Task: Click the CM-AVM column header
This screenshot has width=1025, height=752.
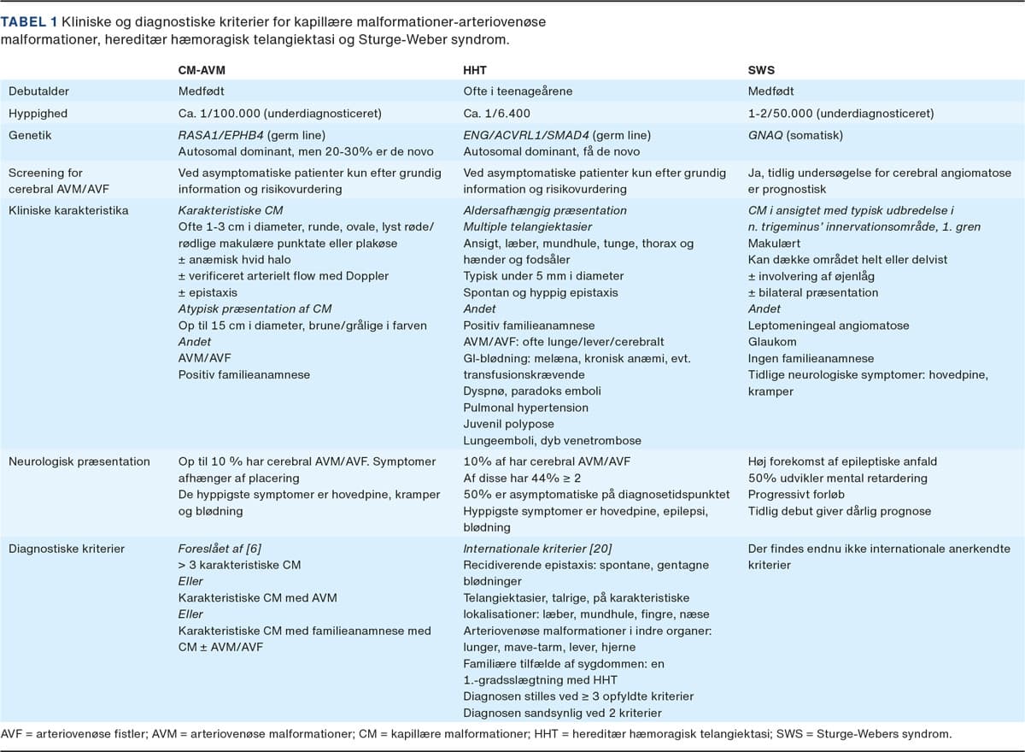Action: point(201,72)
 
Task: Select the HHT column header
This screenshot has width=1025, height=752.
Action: point(477,72)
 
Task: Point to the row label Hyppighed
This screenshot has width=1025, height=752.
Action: point(38,113)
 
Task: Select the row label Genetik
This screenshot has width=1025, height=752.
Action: point(31,134)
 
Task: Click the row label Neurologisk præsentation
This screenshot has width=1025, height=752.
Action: point(79,461)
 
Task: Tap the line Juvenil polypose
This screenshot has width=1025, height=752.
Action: point(509,424)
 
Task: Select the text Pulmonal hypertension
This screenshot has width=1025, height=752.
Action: point(525,408)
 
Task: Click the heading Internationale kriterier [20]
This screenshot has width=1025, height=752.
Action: point(537,549)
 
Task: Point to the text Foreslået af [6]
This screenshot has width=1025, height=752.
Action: point(220,549)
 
